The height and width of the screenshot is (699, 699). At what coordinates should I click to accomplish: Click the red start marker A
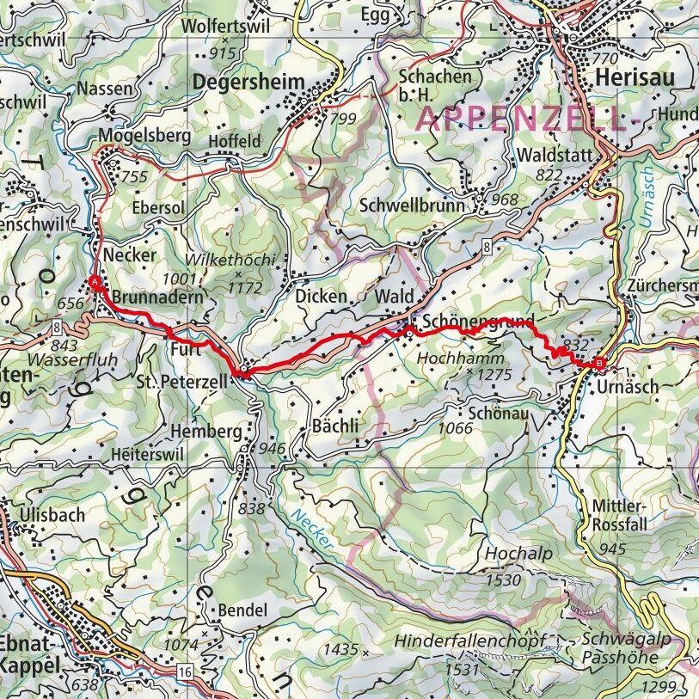(x=95, y=282)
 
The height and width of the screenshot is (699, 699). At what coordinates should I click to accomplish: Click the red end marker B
(x=599, y=363)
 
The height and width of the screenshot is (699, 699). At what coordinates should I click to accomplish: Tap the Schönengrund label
(x=478, y=317)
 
